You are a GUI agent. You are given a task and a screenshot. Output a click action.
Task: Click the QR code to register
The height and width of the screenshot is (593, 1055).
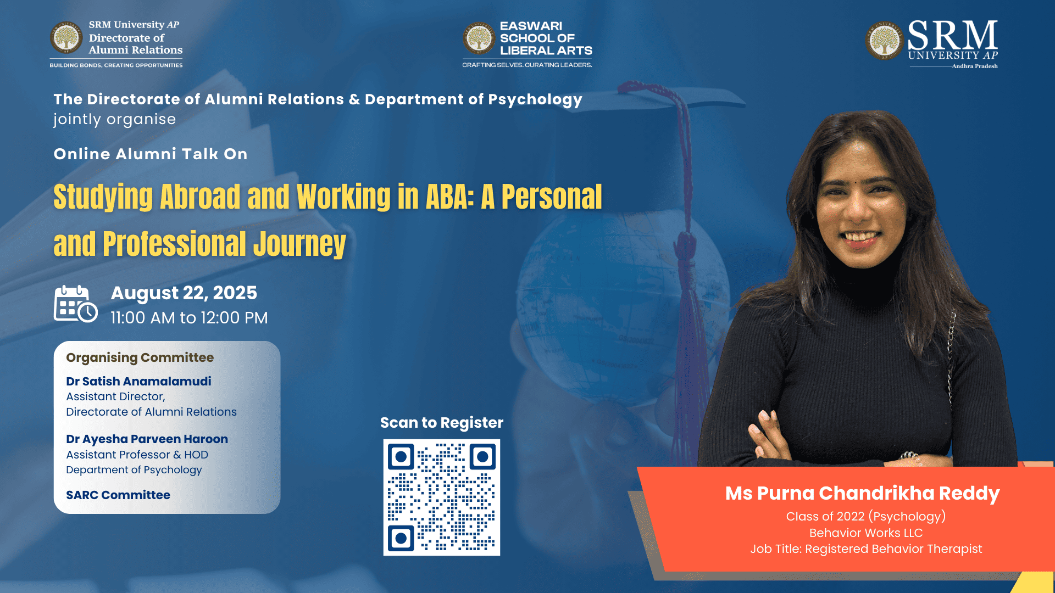click(x=442, y=497)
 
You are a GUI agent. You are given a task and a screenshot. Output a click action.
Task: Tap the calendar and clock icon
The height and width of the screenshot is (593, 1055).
click(x=76, y=304)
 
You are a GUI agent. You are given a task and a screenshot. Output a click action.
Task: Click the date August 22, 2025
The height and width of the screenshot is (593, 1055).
click(x=184, y=293)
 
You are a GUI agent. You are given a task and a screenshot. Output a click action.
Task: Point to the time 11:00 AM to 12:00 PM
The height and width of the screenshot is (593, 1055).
click(x=189, y=318)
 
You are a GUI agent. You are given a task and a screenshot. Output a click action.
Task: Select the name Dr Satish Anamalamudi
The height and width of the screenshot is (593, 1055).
click(x=138, y=381)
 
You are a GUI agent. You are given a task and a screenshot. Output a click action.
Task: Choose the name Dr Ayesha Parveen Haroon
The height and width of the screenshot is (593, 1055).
click(x=147, y=439)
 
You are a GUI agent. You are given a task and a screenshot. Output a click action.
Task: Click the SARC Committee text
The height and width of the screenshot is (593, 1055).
click(x=118, y=495)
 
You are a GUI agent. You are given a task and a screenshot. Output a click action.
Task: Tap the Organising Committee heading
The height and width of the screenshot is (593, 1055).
click(x=140, y=357)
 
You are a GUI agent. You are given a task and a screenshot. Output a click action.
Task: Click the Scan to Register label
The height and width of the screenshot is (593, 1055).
click(x=442, y=423)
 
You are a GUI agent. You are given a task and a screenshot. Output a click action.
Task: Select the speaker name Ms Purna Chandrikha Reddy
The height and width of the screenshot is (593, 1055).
click(x=862, y=493)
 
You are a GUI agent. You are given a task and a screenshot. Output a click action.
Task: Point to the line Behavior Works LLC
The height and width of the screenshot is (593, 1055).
click(x=866, y=533)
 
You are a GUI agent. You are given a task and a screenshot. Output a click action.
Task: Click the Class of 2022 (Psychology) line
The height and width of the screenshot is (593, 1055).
click(x=866, y=517)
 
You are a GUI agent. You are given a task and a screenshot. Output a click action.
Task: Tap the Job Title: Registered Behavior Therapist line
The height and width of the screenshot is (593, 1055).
click(x=866, y=549)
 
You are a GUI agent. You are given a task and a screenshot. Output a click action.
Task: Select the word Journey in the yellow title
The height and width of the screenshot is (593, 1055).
click(x=299, y=245)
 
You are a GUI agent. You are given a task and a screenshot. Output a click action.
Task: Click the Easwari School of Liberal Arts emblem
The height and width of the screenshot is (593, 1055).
click(x=479, y=38)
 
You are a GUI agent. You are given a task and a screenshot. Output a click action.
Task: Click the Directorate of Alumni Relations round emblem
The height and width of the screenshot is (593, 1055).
click(x=66, y=37)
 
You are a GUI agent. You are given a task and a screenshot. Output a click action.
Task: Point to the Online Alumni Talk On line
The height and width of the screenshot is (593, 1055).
click(x=151, y=154)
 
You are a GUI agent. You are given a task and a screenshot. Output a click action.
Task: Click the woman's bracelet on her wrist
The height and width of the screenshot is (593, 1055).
click(x=910, y=457)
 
